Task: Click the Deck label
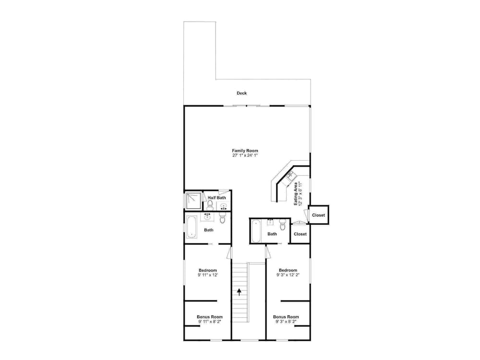pyautogui.click(x=241, y=93)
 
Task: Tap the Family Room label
pyautogui.click(x=245, y=151)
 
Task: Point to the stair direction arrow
pyautogui.click(x=239, y=292)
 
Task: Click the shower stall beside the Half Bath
pyautogui.click(x=193, y=201)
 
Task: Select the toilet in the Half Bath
pyautogui.click(x=210, y=204)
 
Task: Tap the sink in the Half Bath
pyautogui.click(x=224, y=206)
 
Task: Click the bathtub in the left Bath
pyautogui.click(x=192, y=227)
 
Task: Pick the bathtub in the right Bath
pyautogui.click(x=256, y=231)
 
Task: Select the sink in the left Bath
pyautogui.click(x=207, y=217)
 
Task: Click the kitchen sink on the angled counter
pyautogui.click(x=290, y=175)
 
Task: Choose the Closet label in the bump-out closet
pyautogui.click(x=318, y=215)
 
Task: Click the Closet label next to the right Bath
pyautogui.click(x=300, y=234)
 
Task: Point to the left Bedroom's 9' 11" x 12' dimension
pyautogui.click(x=208, y=275)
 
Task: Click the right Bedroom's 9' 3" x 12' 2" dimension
pyautogui.click(x=288, y=275)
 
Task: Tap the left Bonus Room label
pyautogui.click(x=210, y=317)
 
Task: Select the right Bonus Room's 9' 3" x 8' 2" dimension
pyautogui.click(x=286, y=322)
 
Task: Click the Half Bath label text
pyautogui.click(x=217, y=198)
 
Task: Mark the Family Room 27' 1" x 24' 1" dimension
pyautogui.click(x=245, y=155)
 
